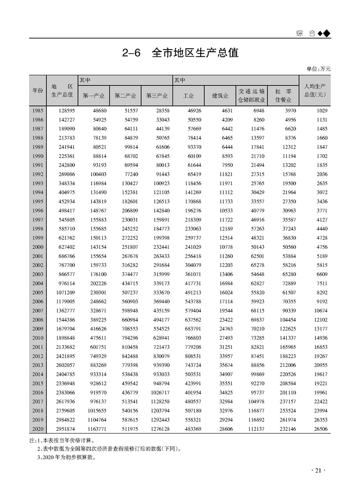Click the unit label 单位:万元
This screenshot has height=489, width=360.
point(319,69)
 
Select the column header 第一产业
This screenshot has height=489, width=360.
point(94,96)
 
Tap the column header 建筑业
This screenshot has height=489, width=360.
point(220,96)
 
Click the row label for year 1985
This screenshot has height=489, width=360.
point(38,110)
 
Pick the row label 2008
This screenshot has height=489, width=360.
point(38,319)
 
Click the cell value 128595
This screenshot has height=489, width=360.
point(65,110)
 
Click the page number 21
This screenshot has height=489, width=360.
point(318,470)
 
